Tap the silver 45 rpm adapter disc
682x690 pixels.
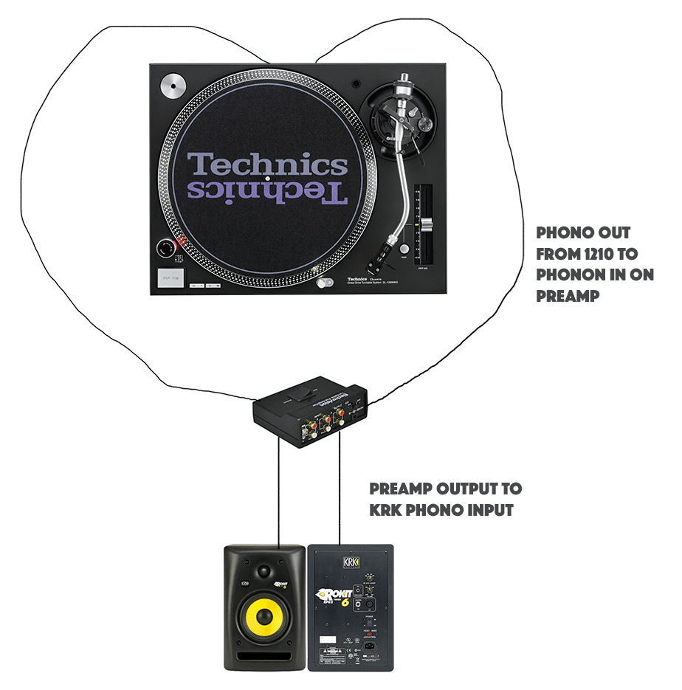(x=172, y=86)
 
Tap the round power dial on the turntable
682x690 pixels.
(x=164, y=248)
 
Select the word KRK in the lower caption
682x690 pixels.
(x=385, y=510)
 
